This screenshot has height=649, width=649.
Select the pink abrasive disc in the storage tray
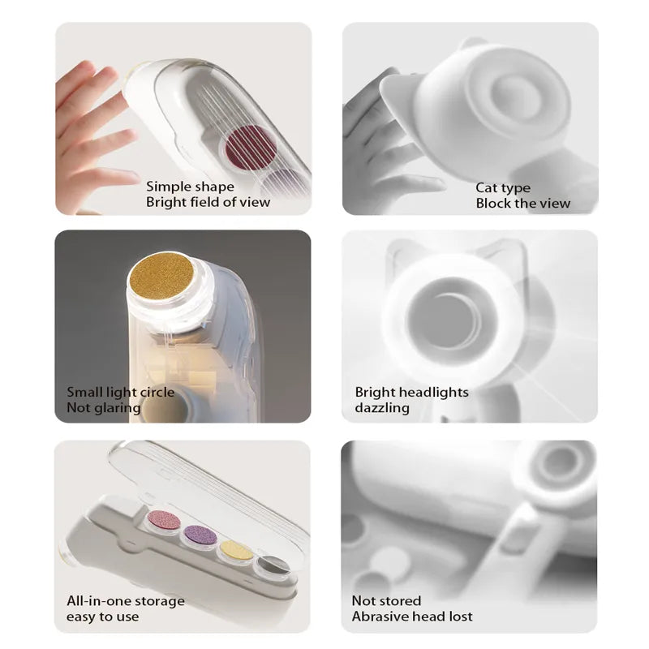point(165,521)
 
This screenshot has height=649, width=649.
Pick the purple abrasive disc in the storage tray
point(200,535)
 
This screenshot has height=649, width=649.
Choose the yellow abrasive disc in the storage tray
point(237,550)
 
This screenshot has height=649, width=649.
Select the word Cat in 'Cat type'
point(486,188)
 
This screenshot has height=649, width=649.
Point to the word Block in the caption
point(493,204)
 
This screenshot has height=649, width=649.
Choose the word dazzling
point(382,408)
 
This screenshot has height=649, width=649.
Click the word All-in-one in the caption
point(97,601)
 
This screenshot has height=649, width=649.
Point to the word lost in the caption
point(459,617)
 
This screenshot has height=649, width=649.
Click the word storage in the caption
point(157,602)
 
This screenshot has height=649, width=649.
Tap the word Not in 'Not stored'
point(363,601)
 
